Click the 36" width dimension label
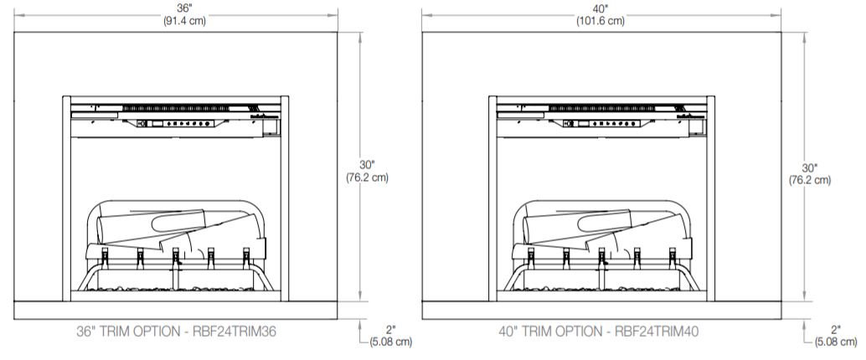[176, 8]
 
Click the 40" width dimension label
[601, 8]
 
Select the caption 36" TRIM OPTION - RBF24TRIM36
[176, 332]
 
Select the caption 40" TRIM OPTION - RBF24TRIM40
[599, 332]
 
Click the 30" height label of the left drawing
[367, 165]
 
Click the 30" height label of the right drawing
[810, 167]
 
